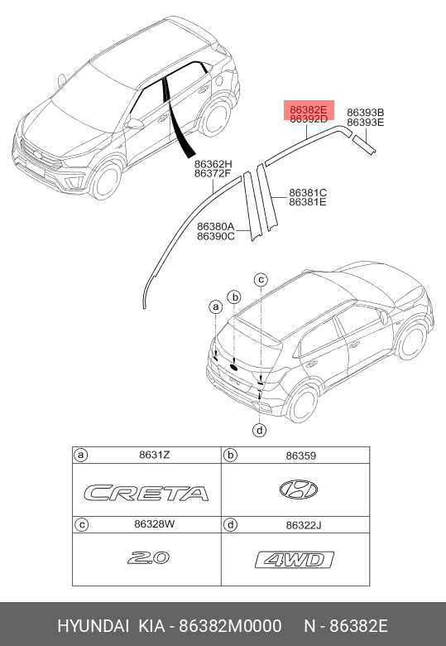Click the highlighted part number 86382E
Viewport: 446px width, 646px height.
[x=308, y=110]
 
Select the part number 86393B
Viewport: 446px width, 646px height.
[x=366, y=113]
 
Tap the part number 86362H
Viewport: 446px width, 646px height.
[x=213, y=164]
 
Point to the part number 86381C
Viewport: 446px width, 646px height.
[x=308, y=192]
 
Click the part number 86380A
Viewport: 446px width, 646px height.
[x=216, y=227]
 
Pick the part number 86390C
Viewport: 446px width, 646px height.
[x=216, y=236]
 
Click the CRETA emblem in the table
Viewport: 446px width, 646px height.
[x=146, y=493]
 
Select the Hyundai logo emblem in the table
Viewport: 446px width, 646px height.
[x=298, y=489]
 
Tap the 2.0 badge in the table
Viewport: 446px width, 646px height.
[x=148, y=558]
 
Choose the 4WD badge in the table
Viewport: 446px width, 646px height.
[x=295, y=560]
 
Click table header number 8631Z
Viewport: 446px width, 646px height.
[x=154, y=455]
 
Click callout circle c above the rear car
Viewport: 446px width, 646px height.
[x=261, y=280]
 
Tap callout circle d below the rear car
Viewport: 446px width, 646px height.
[x=260, y=431]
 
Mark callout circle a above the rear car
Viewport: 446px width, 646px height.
[x=216, y=307]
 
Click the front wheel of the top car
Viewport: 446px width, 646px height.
[x=106, y=181]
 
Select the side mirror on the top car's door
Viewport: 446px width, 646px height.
[x=135, y=123]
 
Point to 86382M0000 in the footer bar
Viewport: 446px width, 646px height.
[x=230, y=626]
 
